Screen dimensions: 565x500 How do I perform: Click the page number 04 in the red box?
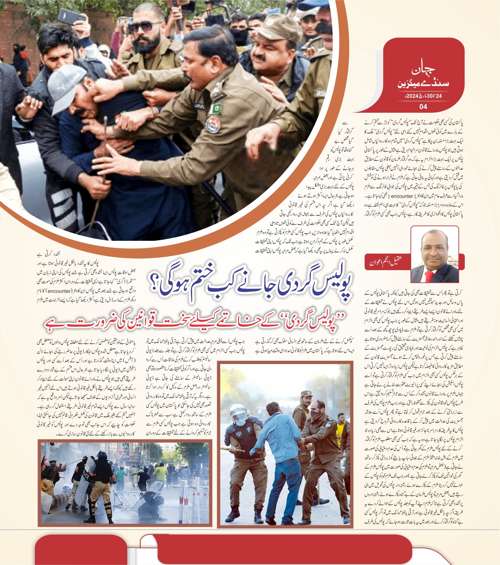[x=423, y=107]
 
